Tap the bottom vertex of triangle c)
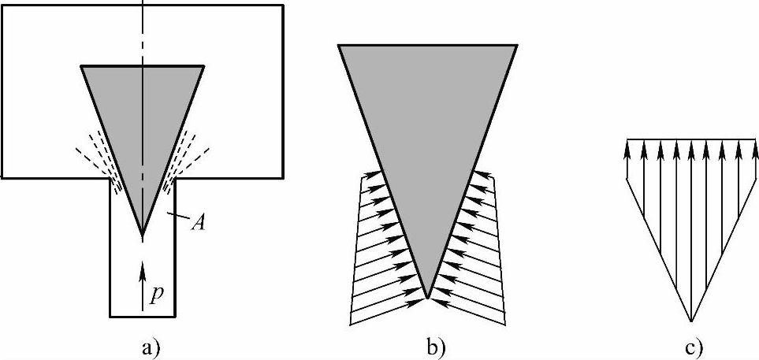tap(690, 321)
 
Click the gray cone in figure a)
tap(142, 118)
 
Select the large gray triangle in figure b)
tap(427, 118)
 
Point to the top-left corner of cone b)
tap(339, 45)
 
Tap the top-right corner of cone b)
tap(517, 45)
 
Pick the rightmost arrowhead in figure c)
tap(752, 147)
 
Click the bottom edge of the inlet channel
tap(142, 317)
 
